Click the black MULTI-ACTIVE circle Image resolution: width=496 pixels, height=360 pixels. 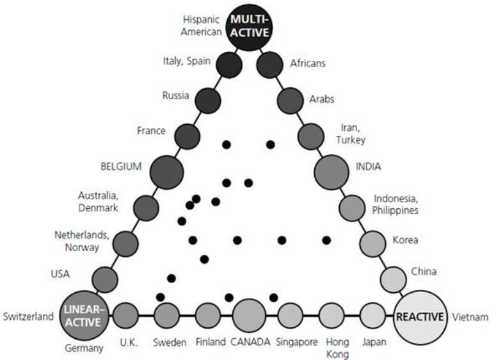[249, 28]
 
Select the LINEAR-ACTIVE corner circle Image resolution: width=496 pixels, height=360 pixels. [84, 315]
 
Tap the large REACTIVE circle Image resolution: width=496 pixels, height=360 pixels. [420, 316]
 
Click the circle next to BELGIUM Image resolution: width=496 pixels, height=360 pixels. [166, 172]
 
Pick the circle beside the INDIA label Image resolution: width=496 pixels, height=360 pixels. [332, 172]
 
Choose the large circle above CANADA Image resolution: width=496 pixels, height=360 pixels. [249, 315]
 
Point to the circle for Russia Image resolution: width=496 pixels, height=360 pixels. [208, 101]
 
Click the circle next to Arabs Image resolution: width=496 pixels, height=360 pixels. [291, 101]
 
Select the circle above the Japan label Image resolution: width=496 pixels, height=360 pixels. [373, 315]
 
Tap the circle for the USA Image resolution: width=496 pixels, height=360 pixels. [105, 279]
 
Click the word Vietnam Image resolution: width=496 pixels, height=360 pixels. [470, 317]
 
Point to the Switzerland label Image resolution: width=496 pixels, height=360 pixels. [28, 316]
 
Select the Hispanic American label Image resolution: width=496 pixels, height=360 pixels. [202, 26]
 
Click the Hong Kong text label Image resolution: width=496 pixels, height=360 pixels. [337, 348]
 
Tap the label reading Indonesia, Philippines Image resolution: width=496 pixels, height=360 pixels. [396, 204]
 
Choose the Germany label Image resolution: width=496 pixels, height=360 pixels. [84, 348]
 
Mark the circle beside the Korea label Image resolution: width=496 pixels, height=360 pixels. [373, 244]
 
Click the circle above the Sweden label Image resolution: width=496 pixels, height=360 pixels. [166, 315]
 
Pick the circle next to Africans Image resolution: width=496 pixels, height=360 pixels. [269, 65]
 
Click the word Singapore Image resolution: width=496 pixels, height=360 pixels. [297, 342]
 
